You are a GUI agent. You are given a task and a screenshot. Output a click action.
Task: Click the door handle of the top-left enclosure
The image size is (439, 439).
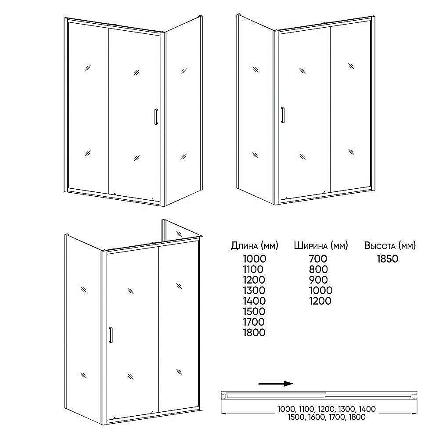(156, 116)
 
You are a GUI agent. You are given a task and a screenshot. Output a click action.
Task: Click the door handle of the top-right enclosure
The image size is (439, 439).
(283, 115)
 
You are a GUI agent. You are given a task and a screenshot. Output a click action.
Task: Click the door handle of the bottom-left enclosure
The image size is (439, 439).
(111, 335)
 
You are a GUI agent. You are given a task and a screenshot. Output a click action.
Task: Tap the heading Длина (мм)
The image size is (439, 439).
(254, 245)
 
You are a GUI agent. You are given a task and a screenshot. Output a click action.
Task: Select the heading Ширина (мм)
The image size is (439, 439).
(321, 245)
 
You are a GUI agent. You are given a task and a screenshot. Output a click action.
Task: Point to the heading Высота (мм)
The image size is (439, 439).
(390, 245)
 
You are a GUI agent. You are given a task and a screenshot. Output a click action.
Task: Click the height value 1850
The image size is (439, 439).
(387, 259)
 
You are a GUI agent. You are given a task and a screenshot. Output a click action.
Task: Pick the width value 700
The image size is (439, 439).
(318, 259)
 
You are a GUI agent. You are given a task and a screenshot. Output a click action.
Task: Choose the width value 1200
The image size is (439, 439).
(320, 301)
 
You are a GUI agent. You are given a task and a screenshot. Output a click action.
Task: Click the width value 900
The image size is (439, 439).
(319, 280)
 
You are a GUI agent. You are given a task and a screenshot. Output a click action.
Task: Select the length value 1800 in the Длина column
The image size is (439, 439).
(254, 333)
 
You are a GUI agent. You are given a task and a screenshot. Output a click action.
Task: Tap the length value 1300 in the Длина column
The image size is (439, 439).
(254, 291)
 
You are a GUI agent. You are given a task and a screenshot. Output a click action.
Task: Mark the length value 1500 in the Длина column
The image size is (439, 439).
(254, 312)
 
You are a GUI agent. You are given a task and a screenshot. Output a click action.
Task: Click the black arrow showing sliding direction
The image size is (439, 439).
(276, 384)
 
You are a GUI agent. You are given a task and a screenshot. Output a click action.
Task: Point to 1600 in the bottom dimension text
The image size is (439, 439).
(317, 417)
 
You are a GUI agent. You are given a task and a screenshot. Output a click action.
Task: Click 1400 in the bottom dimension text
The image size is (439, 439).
(367, 409)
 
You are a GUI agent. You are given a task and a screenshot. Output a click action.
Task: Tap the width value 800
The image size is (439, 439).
(318, 270)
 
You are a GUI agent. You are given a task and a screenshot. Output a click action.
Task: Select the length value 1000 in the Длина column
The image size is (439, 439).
(255, 259)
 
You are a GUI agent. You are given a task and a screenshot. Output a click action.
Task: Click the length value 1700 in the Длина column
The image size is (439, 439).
(254, 322)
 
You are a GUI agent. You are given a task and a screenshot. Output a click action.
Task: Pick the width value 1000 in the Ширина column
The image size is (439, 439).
(321, 291)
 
